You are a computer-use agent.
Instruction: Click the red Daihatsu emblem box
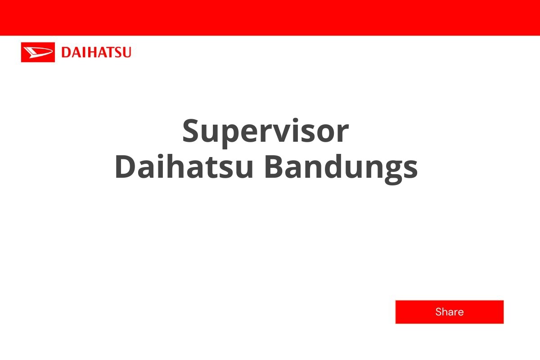38,52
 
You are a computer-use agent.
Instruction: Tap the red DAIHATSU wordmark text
96,53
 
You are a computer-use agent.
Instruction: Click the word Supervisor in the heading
265,131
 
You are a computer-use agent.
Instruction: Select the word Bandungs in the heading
341,167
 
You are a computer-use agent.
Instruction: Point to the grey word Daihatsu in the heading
184,167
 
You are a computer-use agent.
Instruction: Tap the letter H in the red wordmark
90,53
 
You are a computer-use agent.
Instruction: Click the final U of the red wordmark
126,53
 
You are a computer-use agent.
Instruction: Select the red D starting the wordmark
66,53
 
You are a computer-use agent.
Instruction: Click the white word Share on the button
449,312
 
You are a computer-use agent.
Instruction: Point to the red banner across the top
270,17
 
